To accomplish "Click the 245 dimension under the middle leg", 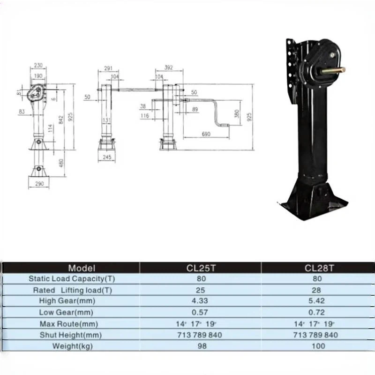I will point(107,157).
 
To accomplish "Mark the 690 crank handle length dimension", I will point(207,134).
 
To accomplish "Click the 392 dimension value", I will point(169,67).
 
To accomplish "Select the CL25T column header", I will point(200,268).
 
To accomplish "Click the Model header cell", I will point(82,268).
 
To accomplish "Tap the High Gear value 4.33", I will point(200,301).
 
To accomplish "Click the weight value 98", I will point(200,346).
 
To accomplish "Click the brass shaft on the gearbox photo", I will point(336,70).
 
